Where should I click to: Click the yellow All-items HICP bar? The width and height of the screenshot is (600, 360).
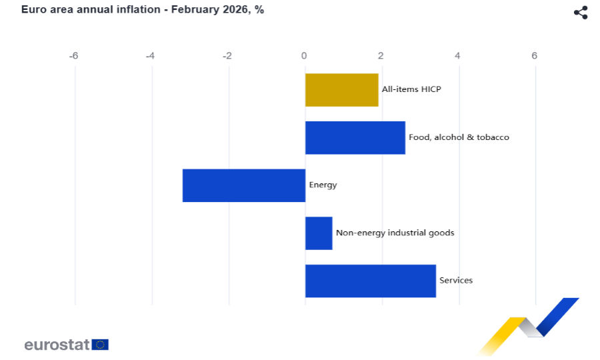[341, 90]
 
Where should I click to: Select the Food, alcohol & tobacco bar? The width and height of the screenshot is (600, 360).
[355, 138]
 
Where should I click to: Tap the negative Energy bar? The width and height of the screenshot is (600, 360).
[244, 185]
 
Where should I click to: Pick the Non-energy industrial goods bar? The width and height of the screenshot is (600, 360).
[319, 233]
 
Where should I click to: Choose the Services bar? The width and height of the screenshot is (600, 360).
[370, 281]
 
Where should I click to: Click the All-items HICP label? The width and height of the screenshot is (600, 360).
[411, 89]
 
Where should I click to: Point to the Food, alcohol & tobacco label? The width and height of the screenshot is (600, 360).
[459, 137]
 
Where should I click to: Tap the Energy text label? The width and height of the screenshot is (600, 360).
[323, 185]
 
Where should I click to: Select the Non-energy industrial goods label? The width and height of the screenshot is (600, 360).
[395, 233]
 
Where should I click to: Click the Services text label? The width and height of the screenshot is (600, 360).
[456, 280]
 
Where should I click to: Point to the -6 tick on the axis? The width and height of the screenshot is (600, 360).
[74, 56]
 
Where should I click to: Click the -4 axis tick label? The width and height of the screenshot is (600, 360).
[151, 56]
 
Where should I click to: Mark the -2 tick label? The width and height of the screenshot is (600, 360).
[227, 56]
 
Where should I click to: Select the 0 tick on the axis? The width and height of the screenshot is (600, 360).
[304, 56]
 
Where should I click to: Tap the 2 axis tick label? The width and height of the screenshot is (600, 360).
[381, 56]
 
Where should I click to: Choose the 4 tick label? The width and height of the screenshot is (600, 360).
[457, 56]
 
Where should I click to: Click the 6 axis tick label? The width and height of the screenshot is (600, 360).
[534, 56]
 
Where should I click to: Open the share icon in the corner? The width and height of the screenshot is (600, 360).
[581, 13]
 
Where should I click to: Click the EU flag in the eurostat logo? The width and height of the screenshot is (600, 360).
[100, 345]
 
